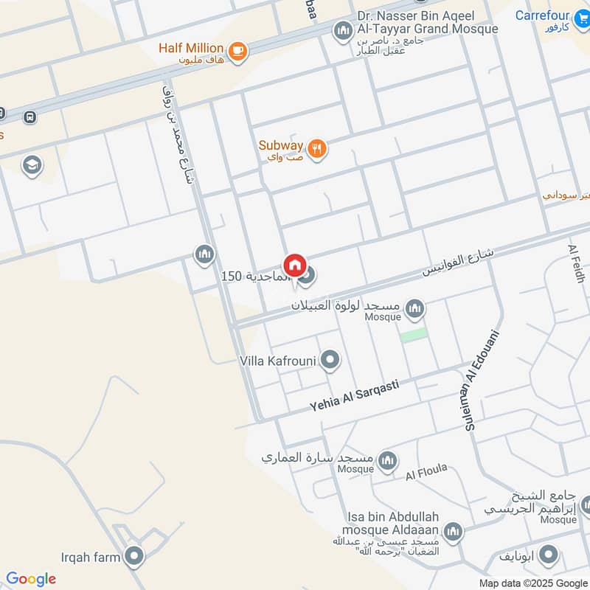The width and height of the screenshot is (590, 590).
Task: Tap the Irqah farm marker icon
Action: click(x=133, y=557)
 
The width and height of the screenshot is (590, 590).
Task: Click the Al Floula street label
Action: click(x=426, y=472)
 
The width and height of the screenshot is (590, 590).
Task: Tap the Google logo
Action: click(x=30, y=579)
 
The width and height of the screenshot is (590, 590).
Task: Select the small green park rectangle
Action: click(x=414, y=334)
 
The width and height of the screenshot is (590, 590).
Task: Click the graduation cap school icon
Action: click(x=32, y=165)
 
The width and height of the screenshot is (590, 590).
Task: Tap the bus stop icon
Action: click(x=30, y=117)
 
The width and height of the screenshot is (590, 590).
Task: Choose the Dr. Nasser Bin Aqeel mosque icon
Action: click(x=342, y=31)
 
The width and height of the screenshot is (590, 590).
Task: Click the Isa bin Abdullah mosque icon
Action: click(x=453, y=531)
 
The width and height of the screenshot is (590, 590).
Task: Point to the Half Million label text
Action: click(x=191, y=48)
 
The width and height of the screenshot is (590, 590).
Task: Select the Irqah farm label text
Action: click(x=91, y=557)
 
